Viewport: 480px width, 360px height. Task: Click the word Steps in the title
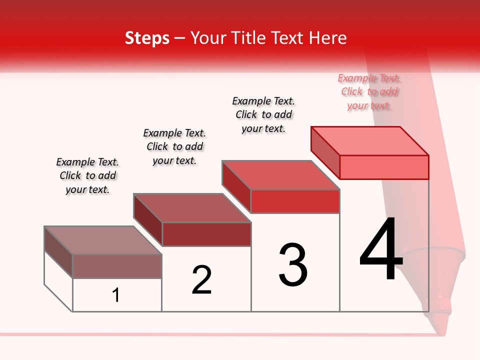click(x=147, y=38)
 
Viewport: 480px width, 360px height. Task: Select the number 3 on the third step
click(x=293, y=265)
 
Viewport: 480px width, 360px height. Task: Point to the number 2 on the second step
click(x=202, y=280)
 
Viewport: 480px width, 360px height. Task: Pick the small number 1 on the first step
click(x=116, y=295)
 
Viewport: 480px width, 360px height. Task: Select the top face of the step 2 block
click(x=192, y=208)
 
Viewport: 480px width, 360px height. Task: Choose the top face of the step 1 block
click(x=103, y=240)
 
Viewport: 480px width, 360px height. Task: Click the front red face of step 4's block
click(x=384, y=167)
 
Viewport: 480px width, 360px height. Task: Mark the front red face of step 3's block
click(x=295, y=201)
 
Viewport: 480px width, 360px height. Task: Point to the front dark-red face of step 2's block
click(x=206, y=234)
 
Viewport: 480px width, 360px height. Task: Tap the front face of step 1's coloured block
click(x=117, y=266)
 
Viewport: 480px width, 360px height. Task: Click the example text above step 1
click(x=87, y=175)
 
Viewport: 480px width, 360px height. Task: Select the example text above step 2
click(x=174, y=146)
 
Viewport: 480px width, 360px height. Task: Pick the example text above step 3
click(x=263, y=114)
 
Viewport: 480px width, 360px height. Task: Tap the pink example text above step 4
click(x=369, y=91)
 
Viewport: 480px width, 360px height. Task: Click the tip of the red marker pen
click(x=438, y=327)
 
